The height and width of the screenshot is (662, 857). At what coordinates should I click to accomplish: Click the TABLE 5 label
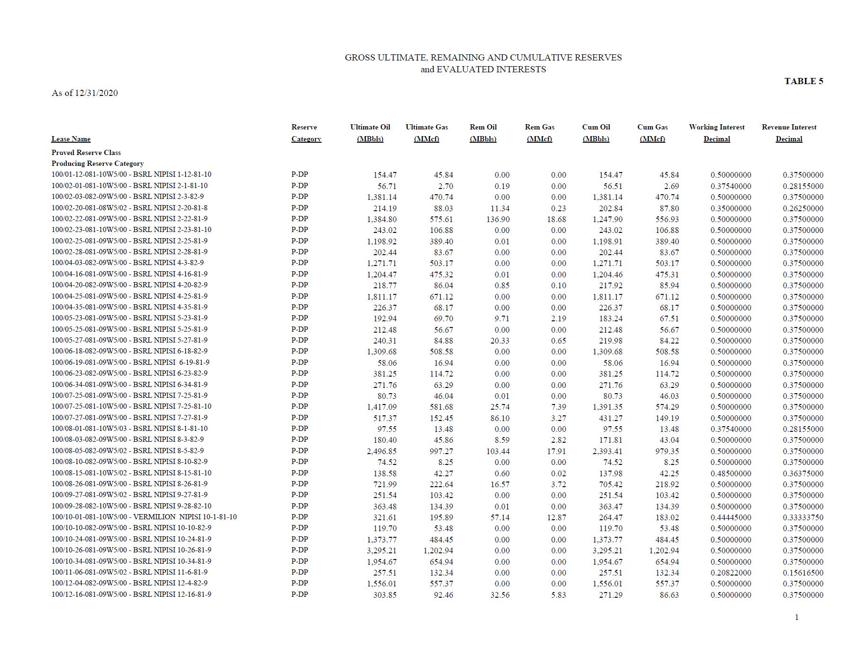803,81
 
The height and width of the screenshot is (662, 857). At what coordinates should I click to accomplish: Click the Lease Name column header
71,139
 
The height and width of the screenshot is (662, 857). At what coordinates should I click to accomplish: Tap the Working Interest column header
717,133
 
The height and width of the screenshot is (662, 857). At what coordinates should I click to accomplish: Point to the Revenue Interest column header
789,133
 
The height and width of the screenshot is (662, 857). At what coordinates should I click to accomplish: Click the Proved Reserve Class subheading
86,153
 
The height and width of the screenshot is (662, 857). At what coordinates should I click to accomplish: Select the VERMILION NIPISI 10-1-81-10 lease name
185,517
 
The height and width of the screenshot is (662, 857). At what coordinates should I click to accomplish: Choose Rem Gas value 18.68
556,219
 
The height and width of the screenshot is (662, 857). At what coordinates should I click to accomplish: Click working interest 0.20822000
731,573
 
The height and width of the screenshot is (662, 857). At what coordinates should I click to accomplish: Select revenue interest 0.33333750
803,517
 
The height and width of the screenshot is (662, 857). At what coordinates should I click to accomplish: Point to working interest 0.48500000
731,473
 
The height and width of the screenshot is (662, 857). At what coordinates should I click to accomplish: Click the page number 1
797,617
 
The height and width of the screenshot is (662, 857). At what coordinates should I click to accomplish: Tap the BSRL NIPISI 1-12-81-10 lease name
172,174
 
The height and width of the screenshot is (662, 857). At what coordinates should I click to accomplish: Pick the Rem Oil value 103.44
498,451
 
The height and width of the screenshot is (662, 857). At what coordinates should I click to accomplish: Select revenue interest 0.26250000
803,208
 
